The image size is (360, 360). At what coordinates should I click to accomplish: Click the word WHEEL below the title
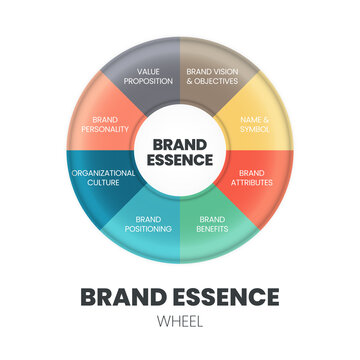coord(180,322)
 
